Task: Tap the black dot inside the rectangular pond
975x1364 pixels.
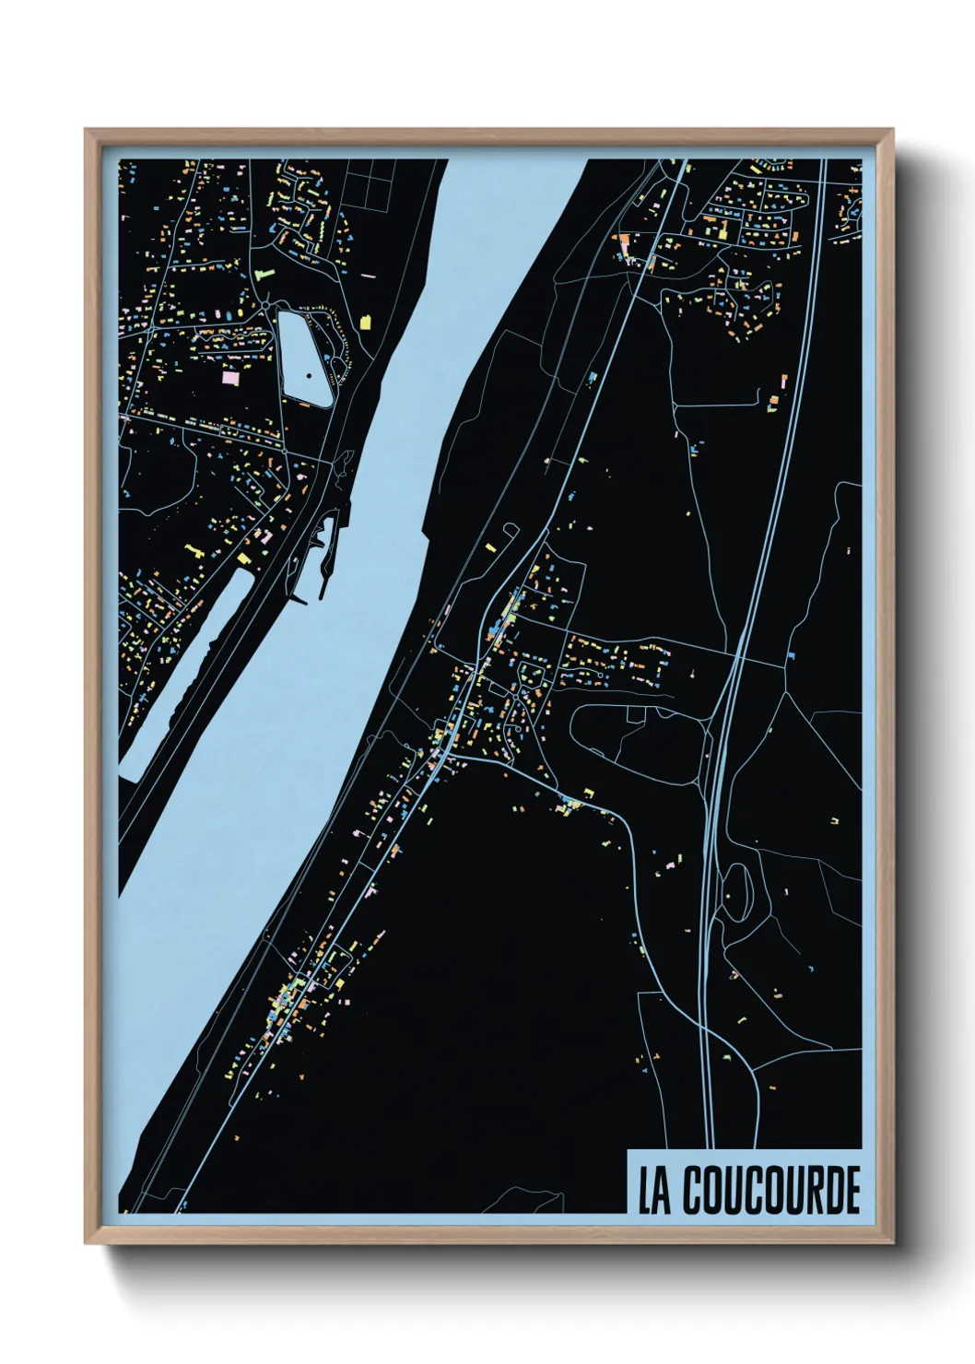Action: coord(309,376)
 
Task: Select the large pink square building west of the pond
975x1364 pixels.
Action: coord(229,377)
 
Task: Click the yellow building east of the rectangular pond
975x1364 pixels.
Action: coord(366,321)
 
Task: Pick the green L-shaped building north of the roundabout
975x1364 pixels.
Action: coord(264,275)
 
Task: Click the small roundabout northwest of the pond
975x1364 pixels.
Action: coord(265,303)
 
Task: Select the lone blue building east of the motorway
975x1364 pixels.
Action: coord(792,654)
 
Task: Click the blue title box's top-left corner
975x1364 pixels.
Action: coord(628,1150)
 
